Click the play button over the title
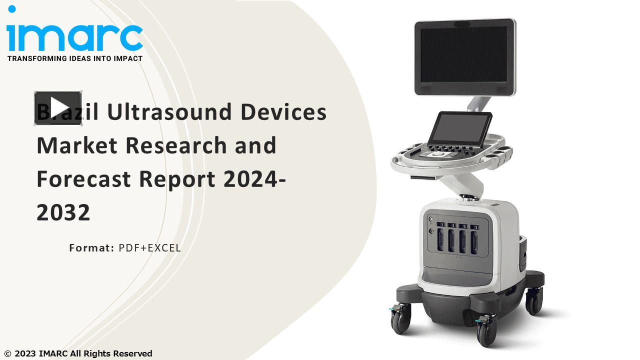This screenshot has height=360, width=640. [58, 107]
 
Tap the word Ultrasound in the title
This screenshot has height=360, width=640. [169, 111]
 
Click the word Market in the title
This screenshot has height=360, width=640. [76, 145]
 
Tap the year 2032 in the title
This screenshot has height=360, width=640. [63, 212]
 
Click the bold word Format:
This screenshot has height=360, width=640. [92, 248]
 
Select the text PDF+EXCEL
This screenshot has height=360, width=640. [149, 248]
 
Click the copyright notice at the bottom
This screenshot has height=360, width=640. [78, 353]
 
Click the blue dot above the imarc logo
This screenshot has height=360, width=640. [12, 9]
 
